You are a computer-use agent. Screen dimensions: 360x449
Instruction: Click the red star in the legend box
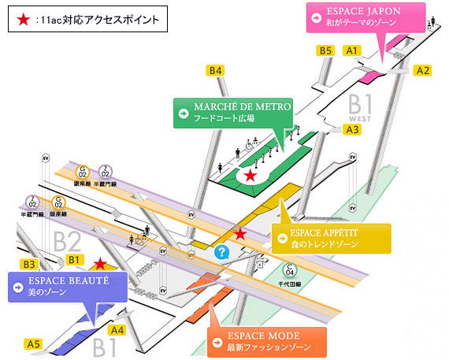pos(24,17)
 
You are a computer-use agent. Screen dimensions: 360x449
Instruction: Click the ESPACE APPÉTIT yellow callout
pos(330,238)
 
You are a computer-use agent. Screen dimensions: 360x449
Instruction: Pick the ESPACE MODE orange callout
pos(265,340)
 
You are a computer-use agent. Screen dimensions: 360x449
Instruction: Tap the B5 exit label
pos(325,50)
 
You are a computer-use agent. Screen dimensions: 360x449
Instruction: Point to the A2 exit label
pos(423,70)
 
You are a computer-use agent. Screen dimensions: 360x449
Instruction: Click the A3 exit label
pos(352,129)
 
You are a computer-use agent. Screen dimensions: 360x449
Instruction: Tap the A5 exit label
pos(33,344)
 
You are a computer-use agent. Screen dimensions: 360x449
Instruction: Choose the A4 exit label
pos(117,330)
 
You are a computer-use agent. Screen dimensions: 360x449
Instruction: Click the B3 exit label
pos(28,264)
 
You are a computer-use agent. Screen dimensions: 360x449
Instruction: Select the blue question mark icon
pos(222,252)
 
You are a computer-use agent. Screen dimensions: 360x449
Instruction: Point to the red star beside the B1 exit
pos(99,264)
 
